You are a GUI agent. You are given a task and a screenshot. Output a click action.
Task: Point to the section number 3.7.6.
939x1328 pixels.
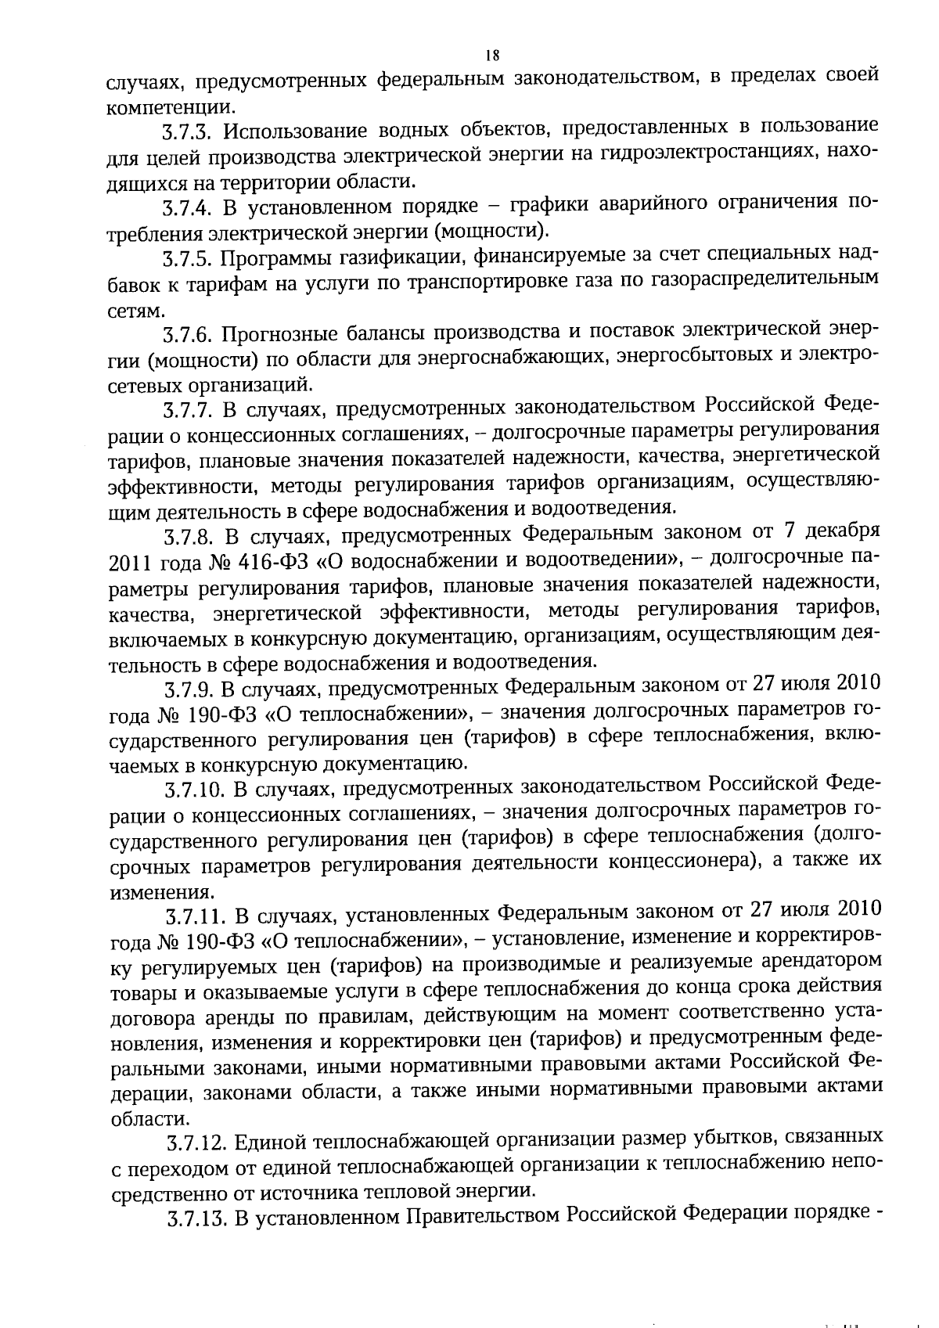(188, 335)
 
